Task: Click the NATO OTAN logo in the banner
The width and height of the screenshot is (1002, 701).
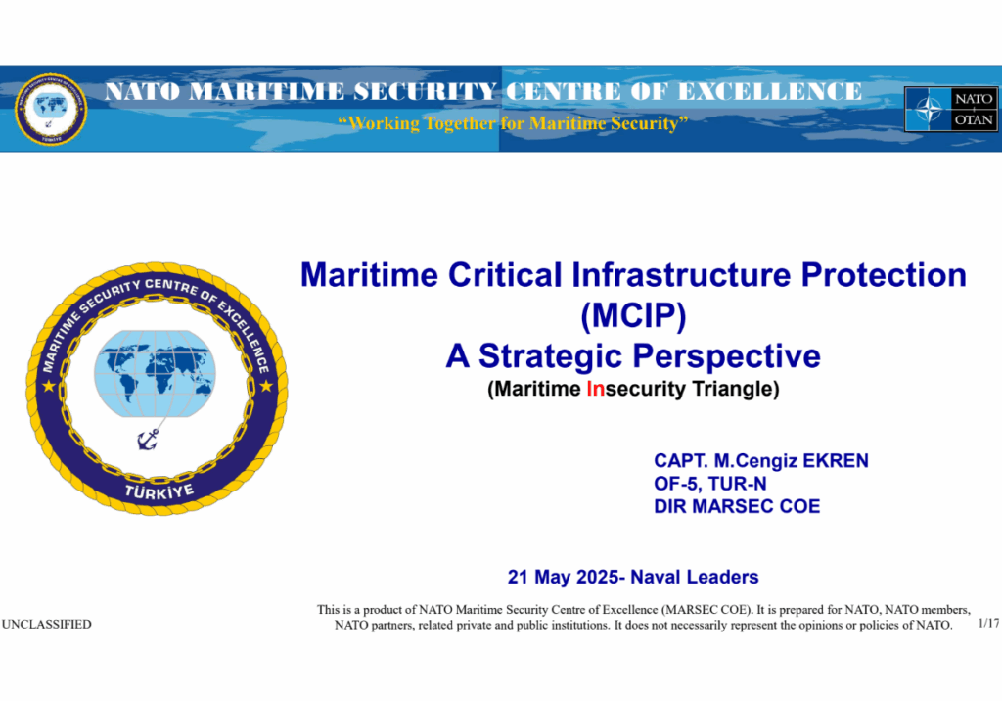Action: (x=951, y=110)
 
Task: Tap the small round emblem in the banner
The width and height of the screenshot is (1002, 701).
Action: (x=51, y=110)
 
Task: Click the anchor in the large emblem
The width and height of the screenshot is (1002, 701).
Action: (x=149, y=440)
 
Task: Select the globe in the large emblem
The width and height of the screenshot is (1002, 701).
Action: (x=155, y=374)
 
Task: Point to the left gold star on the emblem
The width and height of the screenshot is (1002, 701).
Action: (x=49, y=386)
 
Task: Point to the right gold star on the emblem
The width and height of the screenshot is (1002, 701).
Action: (x=266, y=386)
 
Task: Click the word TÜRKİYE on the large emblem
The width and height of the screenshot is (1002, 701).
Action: (x=159, y=491)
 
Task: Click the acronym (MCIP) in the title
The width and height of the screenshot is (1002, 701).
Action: (x=633, y=315)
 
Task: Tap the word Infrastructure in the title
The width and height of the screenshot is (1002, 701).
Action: (x=681, y=275)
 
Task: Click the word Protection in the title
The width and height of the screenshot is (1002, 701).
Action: (x=884, y=275)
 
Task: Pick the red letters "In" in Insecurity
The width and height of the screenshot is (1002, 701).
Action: (x=596, y=389)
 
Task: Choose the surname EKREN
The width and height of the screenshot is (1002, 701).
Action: (x=836, y=461)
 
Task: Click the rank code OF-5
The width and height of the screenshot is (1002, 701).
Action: (x=678, y=484)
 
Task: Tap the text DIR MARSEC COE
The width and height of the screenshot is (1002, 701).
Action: (x=737, y=506)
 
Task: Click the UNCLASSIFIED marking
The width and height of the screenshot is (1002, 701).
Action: (x=47, y=625)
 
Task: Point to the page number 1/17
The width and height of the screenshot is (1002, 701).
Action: (x=988, y=623)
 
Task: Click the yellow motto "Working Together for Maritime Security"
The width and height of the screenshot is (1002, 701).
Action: (x=513, y=122)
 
